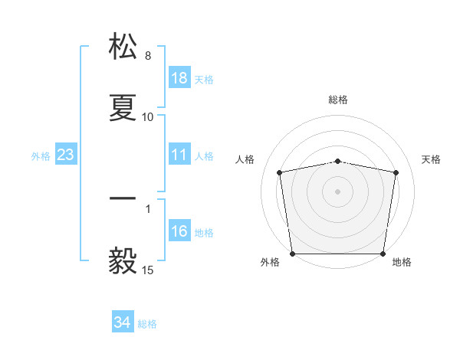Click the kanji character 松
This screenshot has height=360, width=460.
click(123, 47)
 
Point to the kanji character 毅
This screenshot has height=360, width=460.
click(123, 260)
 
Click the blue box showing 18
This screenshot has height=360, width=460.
click(179, 78)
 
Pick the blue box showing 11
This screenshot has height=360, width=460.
click(179, 155)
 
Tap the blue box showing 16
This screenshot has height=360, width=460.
click(179, 231)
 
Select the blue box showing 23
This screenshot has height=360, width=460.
click(65, 155)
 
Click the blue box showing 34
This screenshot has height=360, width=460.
click(122, 322)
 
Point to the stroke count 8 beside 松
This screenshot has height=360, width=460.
click(148, 57)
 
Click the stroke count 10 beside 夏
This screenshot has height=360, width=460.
click(148, 117)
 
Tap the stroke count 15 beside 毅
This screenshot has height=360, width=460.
click(148, 270)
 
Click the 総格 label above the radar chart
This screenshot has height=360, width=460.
click(338, 100)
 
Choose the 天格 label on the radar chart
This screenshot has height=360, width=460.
click(432, 159)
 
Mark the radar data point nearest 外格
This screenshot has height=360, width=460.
click(292, 254)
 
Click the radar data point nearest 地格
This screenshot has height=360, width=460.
click(383, 254)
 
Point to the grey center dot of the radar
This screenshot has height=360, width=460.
click(338, 191)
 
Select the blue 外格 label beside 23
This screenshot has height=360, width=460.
click(41, 155)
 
